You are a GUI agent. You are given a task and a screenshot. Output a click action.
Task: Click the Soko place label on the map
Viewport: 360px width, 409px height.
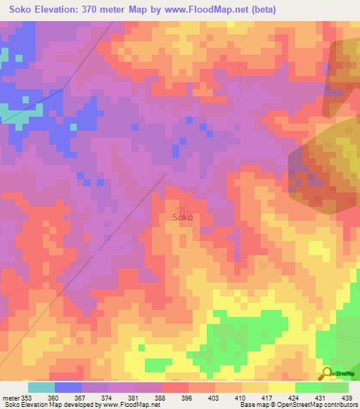point(183,217)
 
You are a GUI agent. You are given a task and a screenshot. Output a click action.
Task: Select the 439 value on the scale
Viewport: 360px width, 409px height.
point(347,397)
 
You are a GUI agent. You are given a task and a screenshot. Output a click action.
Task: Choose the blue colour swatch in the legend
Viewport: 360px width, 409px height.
point(67,387)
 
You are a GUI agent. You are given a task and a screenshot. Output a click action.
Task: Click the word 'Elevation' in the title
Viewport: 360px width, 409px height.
point(62,9)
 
